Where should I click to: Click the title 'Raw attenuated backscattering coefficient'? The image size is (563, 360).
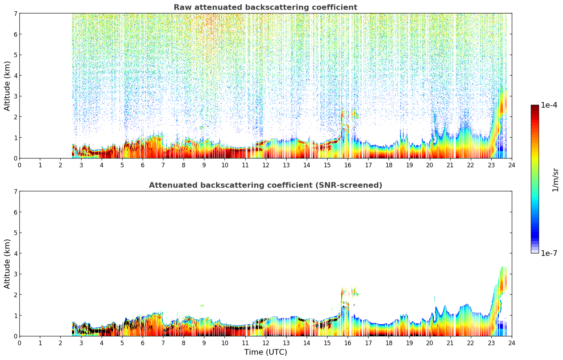[x=265, y=7]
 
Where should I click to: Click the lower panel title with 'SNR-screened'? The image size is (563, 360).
[x=265, y=185]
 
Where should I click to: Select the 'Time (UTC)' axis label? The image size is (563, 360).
[x=265, y=352]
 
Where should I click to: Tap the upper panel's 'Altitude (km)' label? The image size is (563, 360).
[x=7, y=86]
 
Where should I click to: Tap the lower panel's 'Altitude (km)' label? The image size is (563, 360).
[x=7, y=264]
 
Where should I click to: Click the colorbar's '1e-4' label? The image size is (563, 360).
[x=549, y=105]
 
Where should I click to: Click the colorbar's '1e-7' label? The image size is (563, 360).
[x=549, y=253]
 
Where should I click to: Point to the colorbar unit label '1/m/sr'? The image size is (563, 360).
[x=555, y=179]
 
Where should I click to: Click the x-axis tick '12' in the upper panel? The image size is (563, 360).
[x=265, y=165]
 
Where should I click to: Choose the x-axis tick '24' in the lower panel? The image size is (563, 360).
[x=511, y=343]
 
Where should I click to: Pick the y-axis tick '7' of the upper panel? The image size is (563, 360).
[x=15, y=13]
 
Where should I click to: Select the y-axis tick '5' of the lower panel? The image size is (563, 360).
[x=15, y=233]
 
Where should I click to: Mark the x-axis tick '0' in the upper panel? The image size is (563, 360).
[x=19, y=165]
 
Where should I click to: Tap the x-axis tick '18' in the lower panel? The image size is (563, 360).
[x=389, y=343]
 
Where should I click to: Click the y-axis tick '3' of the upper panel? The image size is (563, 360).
[x=15, y=96]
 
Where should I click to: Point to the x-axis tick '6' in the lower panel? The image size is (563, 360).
[x=143, y=343]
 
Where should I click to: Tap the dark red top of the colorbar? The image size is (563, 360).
[x=535, y=107]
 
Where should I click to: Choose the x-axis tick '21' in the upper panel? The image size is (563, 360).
[x=450, y=165]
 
